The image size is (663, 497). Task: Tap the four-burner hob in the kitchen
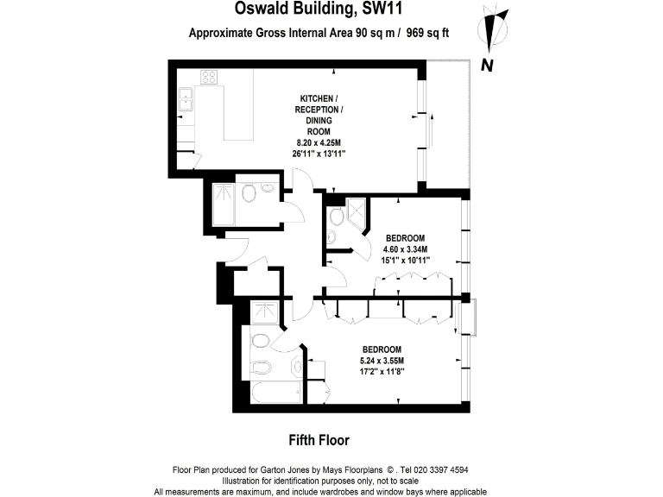click(x=210, y=77)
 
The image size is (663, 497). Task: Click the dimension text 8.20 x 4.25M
click(x=319, y=142)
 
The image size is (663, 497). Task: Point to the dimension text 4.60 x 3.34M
click(x=405, y=248)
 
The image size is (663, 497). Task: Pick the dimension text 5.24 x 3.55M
click(x=381, y=360)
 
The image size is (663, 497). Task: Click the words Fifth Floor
click(x=319, y=440)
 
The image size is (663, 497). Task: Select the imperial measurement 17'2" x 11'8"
click(x=381, y=371)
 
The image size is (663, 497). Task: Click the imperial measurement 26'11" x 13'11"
click(x=319, y=154)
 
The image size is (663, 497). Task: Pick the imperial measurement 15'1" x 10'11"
click(x=405, y=260)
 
